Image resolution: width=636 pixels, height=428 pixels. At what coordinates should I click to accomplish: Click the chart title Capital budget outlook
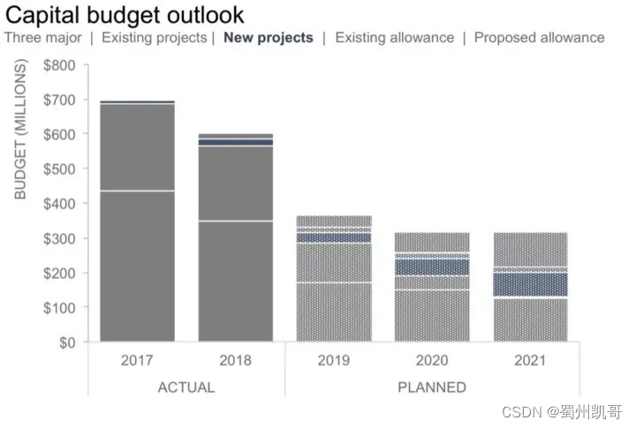pyautogui.click(x=125, y=15)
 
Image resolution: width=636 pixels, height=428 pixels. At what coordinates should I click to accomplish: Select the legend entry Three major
pyautogui.click(x=43, y=38)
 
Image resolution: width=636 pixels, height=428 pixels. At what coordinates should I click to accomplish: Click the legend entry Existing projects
pyautogui.click(x=154, y=38)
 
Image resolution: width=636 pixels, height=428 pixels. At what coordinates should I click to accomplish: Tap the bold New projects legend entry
pyautogui.click(x=269, y=38)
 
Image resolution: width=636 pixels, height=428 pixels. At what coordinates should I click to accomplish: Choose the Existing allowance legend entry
pyautogui.click(x=394, y=38)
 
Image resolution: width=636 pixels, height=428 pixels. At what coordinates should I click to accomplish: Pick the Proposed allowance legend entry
pyautogui.click(x=539, y=38)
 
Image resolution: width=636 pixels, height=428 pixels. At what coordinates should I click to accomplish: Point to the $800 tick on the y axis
pyautogui.click(x=60, y=65)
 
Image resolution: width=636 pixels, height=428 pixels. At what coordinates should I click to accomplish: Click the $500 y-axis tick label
pyautogui.click(x=60, y=169)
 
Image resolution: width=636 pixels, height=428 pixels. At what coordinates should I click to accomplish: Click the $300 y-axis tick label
pyautogui.click(x=60, y=238)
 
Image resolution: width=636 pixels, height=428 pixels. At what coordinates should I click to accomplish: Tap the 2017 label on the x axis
pyautogui.click(x=137, y=361)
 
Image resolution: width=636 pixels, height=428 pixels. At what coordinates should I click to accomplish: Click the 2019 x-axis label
pyautogui.click(x=334, y=361)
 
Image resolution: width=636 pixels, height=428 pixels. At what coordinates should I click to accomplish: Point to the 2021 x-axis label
pyautogui.click(x=530, y=361)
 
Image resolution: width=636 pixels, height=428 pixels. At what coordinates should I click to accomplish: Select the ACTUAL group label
pyautogui.click(x=185, y=387)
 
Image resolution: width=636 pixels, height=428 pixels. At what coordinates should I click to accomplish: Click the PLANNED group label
pyautogui.click(x=432, y=387)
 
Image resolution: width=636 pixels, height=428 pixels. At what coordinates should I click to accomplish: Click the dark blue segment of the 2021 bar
pyautogui.click(x=530, y=284)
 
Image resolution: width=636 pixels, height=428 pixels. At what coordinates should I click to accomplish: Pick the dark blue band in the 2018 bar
pyautogui.click(x=235, y=142)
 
